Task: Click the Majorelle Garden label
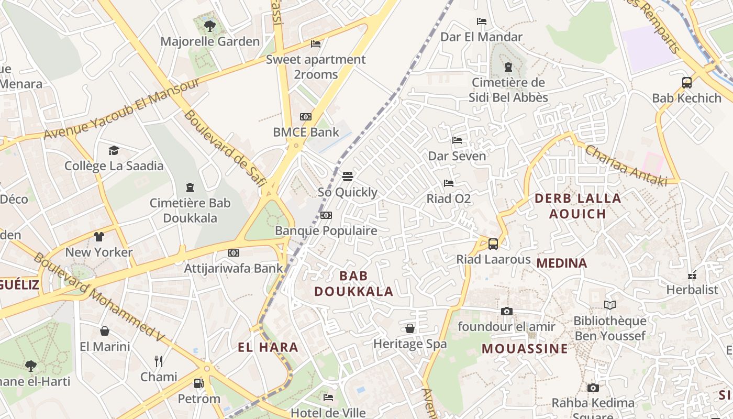[x=210, y=41]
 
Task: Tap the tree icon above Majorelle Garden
[x=210, y=25]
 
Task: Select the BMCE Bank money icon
[x=305, y=117]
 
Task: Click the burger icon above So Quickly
[x=348, y=176]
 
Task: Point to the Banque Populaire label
[x=326, y=230]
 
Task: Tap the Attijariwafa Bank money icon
[x=234, y=253]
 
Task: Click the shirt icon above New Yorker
[x=99, y=236]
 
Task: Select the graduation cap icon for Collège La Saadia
[x=114, y=151]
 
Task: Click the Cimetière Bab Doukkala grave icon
[x=190, y=188]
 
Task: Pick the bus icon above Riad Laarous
[x=493, y=244]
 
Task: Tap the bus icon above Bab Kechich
[x=687, y=82]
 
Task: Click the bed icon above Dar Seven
[x=457, y=140]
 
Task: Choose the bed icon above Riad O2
[x=449, y=183]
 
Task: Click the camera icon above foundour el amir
[x=506, y=311]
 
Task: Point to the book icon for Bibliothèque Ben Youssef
[x=609, y=305]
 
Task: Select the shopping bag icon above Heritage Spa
[x=410, y=328]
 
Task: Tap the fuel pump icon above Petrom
[x=199, y=383]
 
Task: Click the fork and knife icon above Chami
[x=159, y=361]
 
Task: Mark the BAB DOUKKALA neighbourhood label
[x=353, y=283]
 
